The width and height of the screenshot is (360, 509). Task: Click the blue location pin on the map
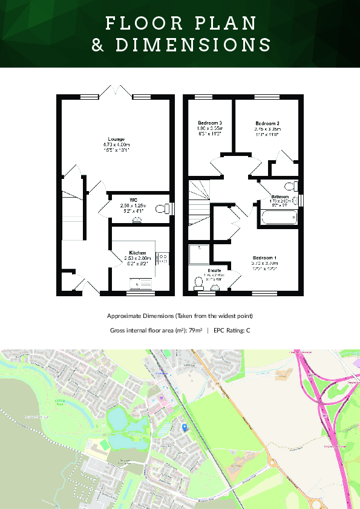click(x=185, y=427)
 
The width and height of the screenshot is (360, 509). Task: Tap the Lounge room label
click(x=116, y=139)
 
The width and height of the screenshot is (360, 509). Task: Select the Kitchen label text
click(x=137, y=253)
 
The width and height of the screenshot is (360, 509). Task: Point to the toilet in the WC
click(x=162, y=209)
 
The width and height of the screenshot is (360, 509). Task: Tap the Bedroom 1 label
click(x=265, y=258)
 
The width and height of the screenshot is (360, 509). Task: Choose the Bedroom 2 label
click(x=267, y=123)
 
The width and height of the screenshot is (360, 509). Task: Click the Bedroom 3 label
click(x=209, y=123)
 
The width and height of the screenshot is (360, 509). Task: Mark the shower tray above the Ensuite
click(x=199, y=254)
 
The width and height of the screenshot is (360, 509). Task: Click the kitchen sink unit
click(x=143, y=282)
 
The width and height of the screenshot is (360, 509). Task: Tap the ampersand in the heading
click(x=97, y=45)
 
